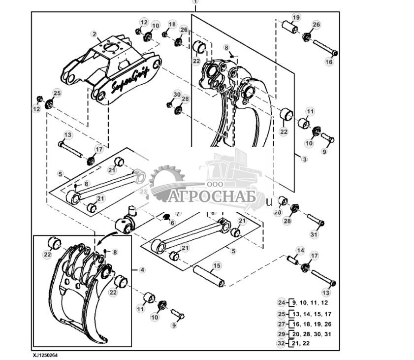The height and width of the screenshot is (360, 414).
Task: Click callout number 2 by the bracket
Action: tap(94, 34)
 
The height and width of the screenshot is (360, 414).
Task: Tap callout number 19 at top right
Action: tap(295, 18)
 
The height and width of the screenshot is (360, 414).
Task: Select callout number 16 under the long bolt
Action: tap(329, 62)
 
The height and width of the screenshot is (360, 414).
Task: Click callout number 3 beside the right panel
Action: tap(304, 159)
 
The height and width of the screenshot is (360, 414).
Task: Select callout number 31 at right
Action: tap(314, 235)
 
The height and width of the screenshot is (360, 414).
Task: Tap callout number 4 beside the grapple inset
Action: tap(142, 270)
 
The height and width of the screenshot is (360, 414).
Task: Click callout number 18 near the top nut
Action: tap(172, 24)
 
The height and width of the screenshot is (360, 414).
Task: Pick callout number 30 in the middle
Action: tap(177, 94)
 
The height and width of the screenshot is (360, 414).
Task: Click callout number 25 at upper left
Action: tap(57, 93)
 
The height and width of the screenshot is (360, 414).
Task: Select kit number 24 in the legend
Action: tap(281, 303)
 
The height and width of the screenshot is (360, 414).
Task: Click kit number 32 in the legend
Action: tap(281, 343)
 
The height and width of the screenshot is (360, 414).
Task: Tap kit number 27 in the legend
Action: tap(281, 324)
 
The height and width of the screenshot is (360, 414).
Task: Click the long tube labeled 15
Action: tap(208, 276)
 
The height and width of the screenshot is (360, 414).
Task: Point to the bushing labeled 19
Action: tap(289, 27)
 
